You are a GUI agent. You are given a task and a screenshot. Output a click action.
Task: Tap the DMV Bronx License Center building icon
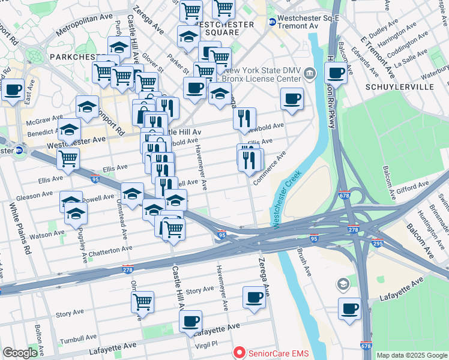click(x=309, y=74)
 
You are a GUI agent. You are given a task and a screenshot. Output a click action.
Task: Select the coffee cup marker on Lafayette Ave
click(x=190, y=322)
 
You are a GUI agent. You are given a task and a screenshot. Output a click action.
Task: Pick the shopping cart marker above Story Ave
click(x=143, y=302)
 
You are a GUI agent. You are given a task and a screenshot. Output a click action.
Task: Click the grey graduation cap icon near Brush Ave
click(x=343, y=283)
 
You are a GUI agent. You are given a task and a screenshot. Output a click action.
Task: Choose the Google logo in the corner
click(x=20, y=353)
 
